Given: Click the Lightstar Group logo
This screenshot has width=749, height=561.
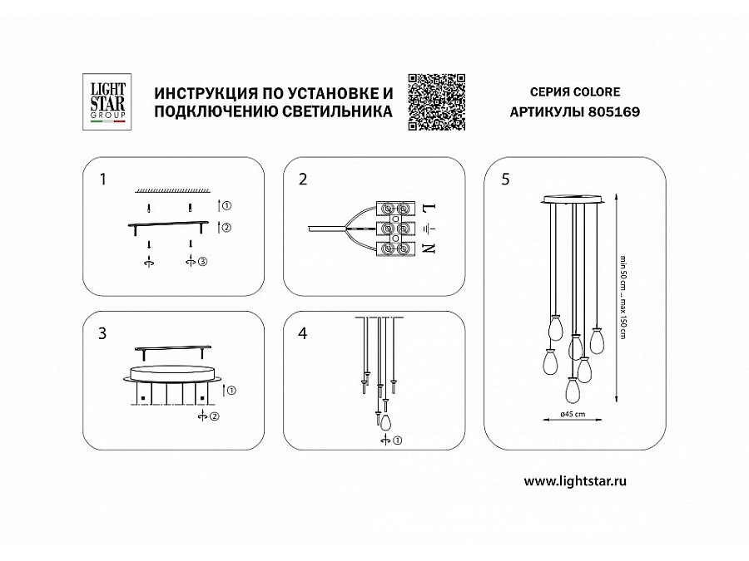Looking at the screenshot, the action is [x=107, y=101].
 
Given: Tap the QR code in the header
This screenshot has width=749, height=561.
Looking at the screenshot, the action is [x=437, y=101].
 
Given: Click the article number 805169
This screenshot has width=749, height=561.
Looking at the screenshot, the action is [x=614, y=111].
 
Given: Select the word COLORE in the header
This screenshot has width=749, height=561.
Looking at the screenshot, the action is [x=597, y=91].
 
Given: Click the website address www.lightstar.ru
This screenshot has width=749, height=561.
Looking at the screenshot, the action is [x=575, y=481].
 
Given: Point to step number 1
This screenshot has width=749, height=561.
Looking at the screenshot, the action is [x=102, y=180].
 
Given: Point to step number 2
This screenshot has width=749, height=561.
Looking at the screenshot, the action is [x=303, y=180].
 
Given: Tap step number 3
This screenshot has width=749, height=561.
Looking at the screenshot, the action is [x=102, y=333].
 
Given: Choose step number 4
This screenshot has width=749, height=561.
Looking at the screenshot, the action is [x=302, y=333].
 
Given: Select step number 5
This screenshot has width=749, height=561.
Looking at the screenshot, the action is [x=506, y=180].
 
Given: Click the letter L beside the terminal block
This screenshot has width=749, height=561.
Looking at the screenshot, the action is [x=429, y=208].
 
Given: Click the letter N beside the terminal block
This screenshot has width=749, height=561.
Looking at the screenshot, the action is [x=429, y=248].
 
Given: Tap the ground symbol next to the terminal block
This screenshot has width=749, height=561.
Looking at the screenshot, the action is [x=429, y=229].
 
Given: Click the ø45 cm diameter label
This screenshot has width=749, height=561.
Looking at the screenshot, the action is [x=573, y=414].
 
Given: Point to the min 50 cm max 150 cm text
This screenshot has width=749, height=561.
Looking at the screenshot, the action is [x=623, y=298].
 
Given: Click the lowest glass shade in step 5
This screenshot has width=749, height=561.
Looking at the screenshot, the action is [x=573, y=389].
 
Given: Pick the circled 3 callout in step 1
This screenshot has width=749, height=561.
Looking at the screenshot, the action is [x=202, y=262].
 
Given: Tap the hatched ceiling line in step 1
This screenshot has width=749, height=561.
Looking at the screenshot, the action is [x=172, y=190].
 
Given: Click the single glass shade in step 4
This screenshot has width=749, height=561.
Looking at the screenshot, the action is [x=385, y=422].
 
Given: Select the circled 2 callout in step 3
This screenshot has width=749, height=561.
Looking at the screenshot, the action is [x=215, y=416].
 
